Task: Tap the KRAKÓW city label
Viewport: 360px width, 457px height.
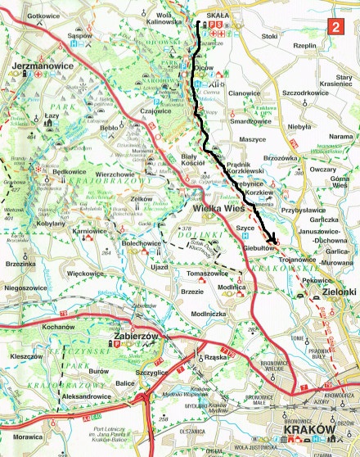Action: tap(306, 431)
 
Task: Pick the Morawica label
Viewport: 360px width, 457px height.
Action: tap(20, 438)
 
